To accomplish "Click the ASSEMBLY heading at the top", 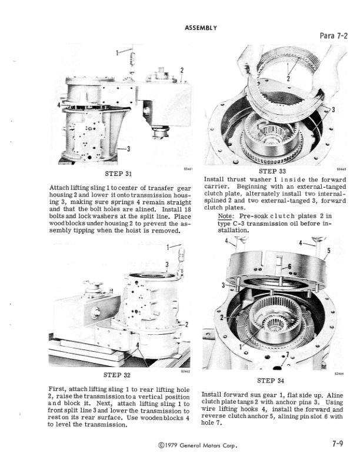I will (x=201, y=28).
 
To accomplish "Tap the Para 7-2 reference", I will (x=335, y=37).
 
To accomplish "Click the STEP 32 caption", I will (x=116, y=375).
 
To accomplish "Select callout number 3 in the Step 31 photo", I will (x=128, y=148).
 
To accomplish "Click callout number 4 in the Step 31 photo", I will (x=58, y=104).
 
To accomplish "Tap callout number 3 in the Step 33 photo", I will (x=334, y=110).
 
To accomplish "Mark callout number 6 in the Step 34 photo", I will (x=290, y=267).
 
